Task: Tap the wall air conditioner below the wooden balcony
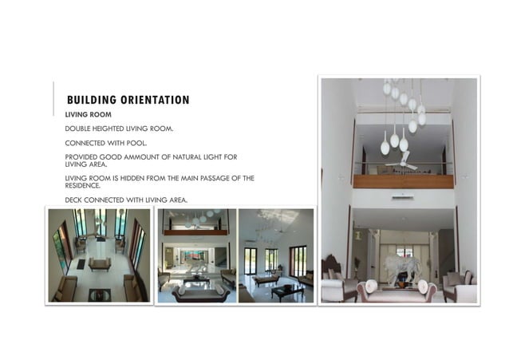tap(402, 196)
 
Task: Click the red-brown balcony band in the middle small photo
tap(195, 232)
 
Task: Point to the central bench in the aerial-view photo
tap(100, 264)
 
